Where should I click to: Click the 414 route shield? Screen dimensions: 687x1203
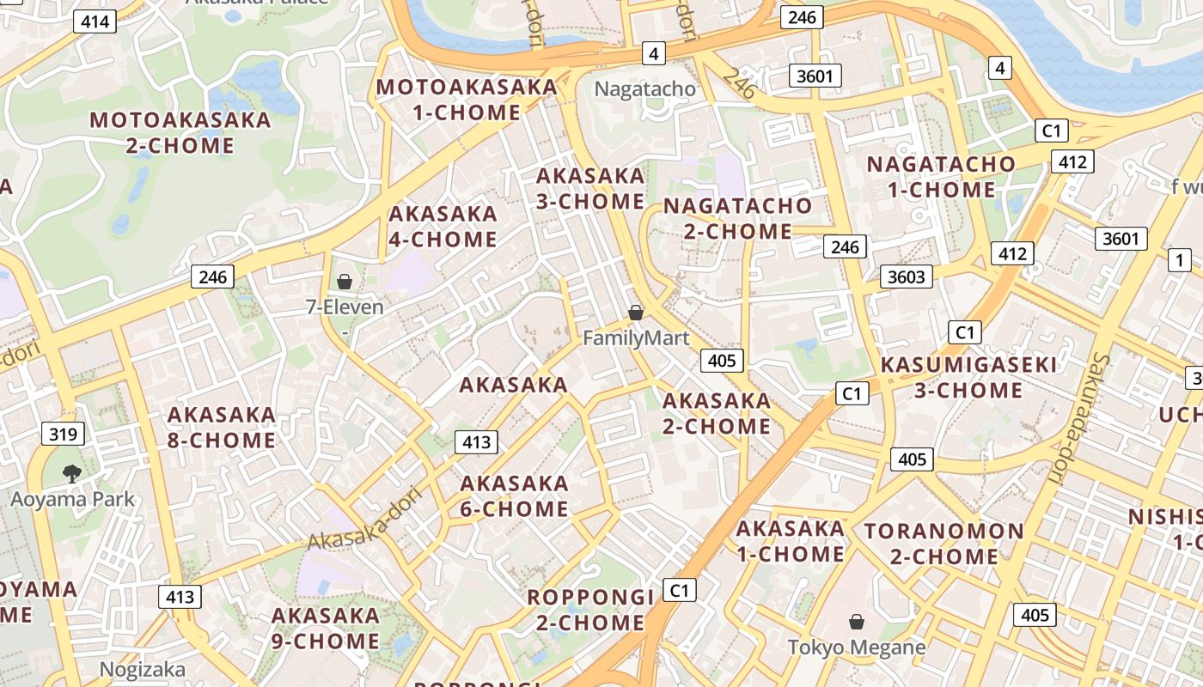pos(95,21)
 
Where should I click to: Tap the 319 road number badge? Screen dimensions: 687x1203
pos(64,434)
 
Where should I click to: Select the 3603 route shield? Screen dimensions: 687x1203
pos(907,277)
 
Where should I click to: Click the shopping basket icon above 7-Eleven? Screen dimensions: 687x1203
pos(345,282)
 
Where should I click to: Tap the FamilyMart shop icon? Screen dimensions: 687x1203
pos(636,313)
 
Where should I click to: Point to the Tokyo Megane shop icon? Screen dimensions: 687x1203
pos(856,622)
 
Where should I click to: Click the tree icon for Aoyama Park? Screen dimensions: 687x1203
pos(72,473)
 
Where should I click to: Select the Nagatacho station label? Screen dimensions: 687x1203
pos(644,88)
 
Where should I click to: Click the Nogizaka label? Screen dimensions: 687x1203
pos(143,669)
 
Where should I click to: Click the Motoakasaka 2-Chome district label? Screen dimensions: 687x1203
pos(180,132)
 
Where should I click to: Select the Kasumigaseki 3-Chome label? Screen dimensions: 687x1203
pos(968,378)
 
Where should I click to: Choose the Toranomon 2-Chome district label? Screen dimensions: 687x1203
pos(943,544)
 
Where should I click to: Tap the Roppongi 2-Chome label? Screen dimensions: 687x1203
pos(590,609)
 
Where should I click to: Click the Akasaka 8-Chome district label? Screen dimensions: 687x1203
pos(222,428)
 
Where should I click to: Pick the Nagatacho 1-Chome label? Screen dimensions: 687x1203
pos(941,177)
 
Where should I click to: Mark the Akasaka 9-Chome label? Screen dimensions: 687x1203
pos(326,628)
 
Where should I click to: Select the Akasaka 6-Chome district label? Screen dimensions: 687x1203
pos(514,496)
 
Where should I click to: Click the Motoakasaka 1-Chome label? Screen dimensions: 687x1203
pos(467,100)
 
